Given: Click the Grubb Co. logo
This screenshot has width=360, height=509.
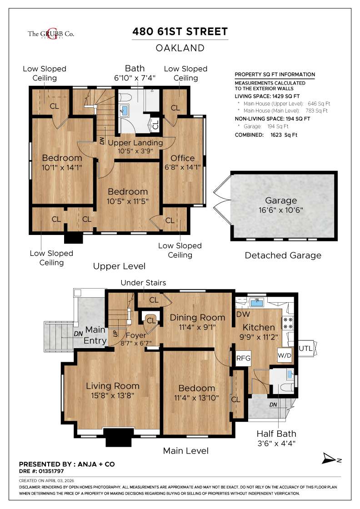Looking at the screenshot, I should [51, 34].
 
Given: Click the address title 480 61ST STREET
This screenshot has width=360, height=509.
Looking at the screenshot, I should [180, 32].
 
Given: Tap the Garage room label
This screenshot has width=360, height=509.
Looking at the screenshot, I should [281, 200].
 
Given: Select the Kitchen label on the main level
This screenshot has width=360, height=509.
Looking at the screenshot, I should [259, 327].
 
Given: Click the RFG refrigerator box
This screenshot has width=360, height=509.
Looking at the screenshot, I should [241, 358].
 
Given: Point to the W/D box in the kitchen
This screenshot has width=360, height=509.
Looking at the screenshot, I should [285, 355].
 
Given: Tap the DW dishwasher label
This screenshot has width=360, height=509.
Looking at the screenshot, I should [242, 314].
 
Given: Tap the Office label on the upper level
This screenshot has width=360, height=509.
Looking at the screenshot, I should [183, 158].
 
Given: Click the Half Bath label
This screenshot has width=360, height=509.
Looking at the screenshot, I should [274, 434].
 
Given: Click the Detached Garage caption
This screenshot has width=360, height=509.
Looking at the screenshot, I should [283, 255].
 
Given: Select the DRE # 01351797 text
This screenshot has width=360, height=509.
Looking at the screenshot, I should [45, 471].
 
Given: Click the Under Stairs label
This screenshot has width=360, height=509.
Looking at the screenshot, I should [143, 283].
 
